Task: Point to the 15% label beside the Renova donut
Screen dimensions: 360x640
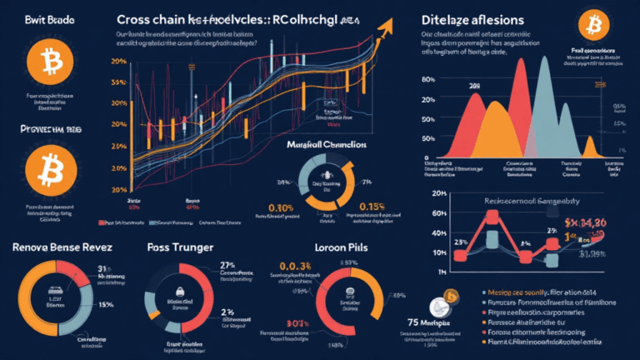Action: (106, 280)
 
